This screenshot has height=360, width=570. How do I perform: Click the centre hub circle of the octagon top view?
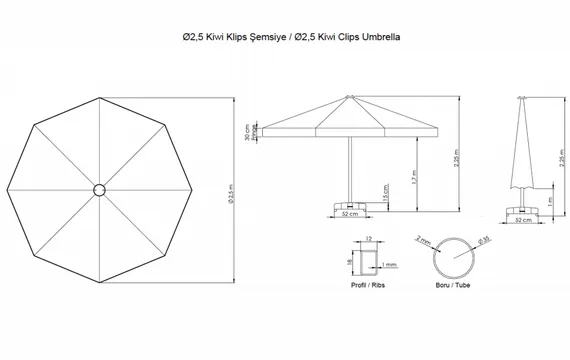click(101, 190)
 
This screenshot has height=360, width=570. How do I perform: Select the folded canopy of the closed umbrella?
click(523, 150)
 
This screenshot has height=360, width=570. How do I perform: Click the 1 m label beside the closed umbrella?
click(548, 203)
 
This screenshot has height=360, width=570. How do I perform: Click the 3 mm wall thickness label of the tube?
click(424, 241)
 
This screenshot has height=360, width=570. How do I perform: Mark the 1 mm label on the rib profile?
click(390, 264)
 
